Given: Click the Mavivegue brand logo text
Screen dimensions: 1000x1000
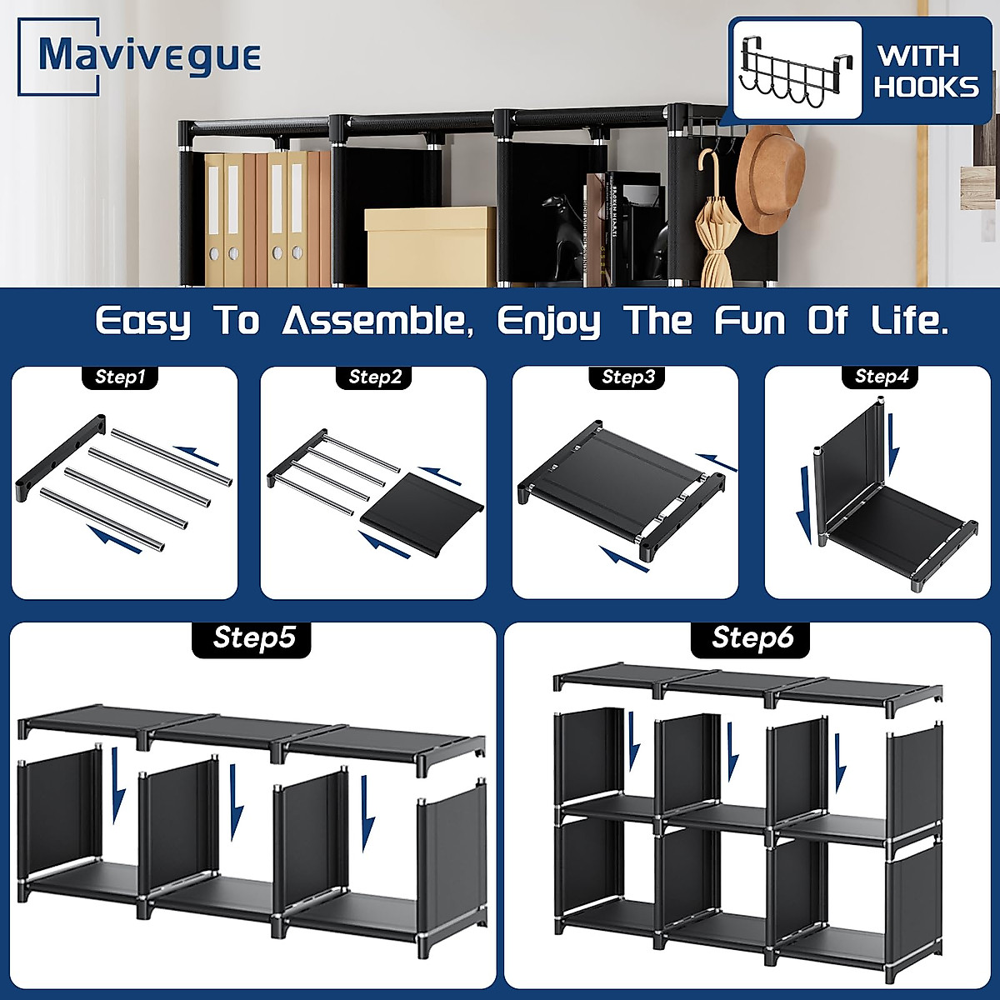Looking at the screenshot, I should coord(150,56).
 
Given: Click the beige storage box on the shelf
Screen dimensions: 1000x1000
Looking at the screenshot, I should coord(430,247).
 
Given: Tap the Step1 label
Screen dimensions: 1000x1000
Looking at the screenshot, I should coord(120,377).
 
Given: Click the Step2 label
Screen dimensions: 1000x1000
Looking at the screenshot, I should coord(375,377).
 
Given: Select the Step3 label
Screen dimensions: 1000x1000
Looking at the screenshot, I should coord(628,377).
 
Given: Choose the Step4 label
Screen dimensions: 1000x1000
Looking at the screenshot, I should coord(882,377).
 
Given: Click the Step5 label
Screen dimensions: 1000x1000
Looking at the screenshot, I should coord(253,638).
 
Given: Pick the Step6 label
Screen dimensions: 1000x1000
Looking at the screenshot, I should coord(752,638).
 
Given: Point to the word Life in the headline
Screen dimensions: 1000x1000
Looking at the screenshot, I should coord(908,321).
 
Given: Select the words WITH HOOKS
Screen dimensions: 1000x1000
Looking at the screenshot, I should coord(926,72).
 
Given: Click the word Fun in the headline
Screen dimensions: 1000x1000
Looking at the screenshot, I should coord(749,321).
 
